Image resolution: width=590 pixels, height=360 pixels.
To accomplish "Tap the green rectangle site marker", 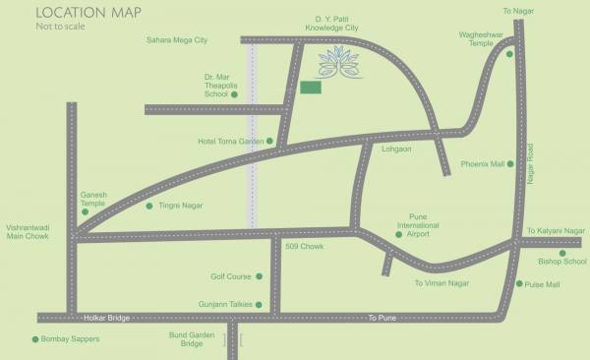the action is (311, 88).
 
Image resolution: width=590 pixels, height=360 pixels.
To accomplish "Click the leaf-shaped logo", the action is (339, 65).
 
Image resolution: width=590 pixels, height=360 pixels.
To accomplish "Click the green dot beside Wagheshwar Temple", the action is (509, 54).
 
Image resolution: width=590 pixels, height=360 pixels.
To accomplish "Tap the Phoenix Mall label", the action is (483, 164).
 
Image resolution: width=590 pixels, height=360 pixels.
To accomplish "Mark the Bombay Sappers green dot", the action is (36, 339).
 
